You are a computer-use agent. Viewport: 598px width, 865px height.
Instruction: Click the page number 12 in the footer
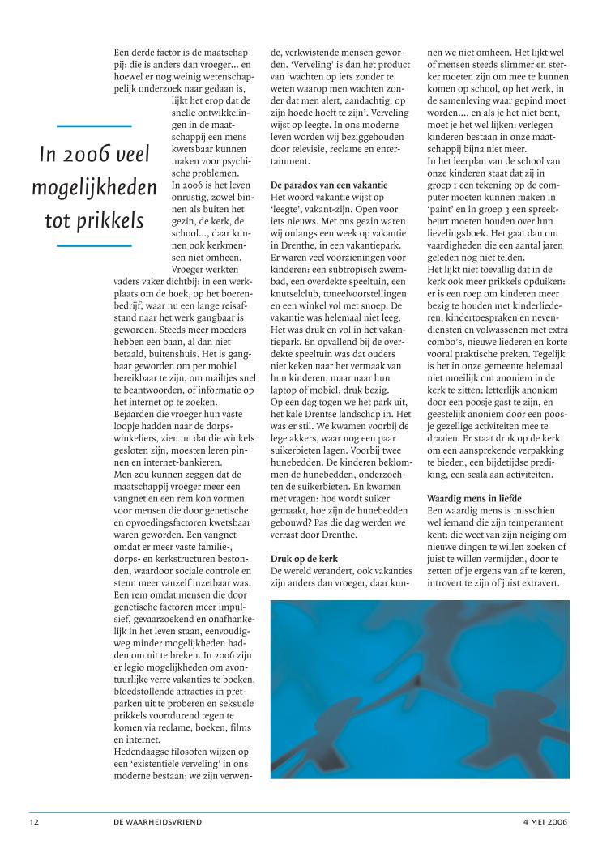(33, 821)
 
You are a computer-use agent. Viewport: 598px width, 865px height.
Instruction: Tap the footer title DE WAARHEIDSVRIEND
(158, 821)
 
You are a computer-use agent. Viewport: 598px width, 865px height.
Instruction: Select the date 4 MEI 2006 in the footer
(545, 821)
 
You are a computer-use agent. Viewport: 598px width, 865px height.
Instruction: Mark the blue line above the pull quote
(94, 126)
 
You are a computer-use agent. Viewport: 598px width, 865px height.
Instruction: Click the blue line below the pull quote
(94, 245)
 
